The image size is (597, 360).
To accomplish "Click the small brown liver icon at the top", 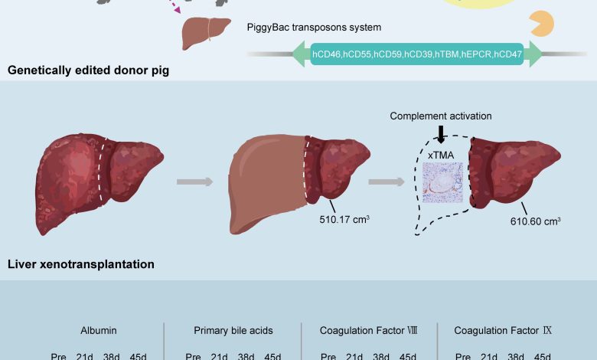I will coord(206,34).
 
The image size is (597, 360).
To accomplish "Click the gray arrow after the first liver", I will coord(196,182).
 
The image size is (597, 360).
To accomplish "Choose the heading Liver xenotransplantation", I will coord(81,265).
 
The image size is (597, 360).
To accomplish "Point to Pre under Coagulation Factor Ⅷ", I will coord(328,355).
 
